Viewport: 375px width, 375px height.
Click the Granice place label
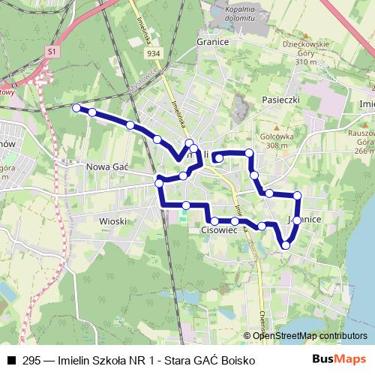213,42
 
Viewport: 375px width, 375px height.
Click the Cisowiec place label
220,232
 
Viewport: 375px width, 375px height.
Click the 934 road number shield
154,54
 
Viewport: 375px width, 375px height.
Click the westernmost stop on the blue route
76,108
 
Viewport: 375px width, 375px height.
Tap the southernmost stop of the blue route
285,244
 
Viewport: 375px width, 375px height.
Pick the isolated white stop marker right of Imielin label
217,158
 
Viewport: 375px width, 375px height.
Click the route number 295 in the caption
31,360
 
